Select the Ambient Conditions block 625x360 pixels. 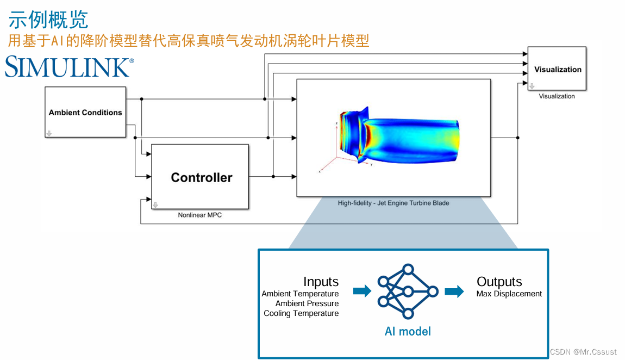tap(85, 112)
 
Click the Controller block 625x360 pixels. tap(201, 177)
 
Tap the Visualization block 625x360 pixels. tap(557, 69)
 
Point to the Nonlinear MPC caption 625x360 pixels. tap(200, 215)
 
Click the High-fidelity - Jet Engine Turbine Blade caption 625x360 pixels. tap(393, 203)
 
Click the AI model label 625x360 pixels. tap(408, 331)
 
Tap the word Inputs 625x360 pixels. tap(321, 282)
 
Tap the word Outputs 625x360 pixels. tap(499, 282)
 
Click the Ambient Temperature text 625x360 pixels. tap(300, 294)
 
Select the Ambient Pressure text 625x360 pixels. tap(307, 303)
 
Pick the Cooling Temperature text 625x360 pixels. tap(301, 313)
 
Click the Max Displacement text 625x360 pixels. tap(509, 294)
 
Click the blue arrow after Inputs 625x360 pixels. tap(362, 291)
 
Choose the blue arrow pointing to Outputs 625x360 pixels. tap(454, 291)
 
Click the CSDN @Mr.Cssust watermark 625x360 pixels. tap(583, 352)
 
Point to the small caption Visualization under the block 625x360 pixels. tap(557, 96)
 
